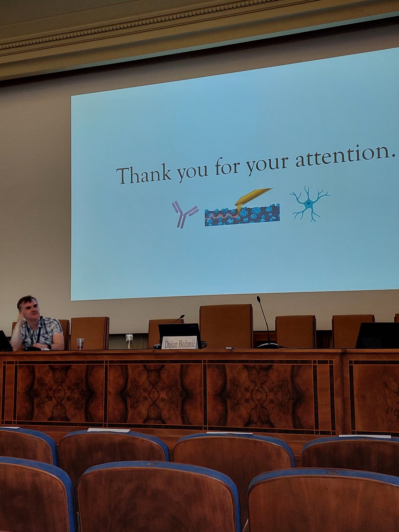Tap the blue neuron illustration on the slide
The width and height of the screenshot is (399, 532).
(x=310, y=204)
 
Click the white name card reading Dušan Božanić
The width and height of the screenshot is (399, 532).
(x=180, y=343)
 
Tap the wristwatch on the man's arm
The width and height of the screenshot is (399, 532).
(x=49, y=347)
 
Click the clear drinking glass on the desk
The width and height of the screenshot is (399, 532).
(x=129, y=341)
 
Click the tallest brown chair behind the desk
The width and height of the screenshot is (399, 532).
(x=226, y=326)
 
